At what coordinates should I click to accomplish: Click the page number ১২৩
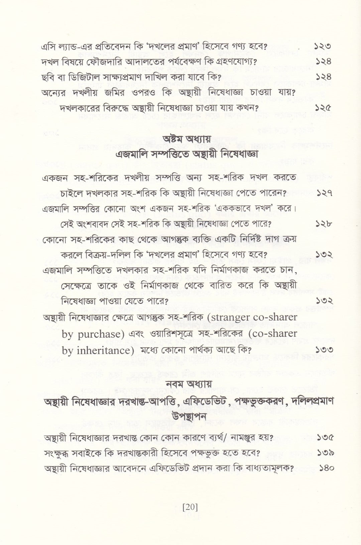pos(323,46)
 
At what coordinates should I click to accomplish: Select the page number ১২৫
pos(323,108)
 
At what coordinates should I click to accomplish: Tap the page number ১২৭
pos(323,193)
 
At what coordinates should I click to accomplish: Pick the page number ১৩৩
pos(323,350)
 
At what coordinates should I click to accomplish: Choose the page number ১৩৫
pos(323,437)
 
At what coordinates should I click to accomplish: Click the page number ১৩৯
pos(323,453)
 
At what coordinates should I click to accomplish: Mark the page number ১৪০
pos(323,468)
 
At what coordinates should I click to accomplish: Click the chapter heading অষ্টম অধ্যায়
pos(186,139)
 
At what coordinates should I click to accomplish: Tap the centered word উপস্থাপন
pos(189,416)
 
